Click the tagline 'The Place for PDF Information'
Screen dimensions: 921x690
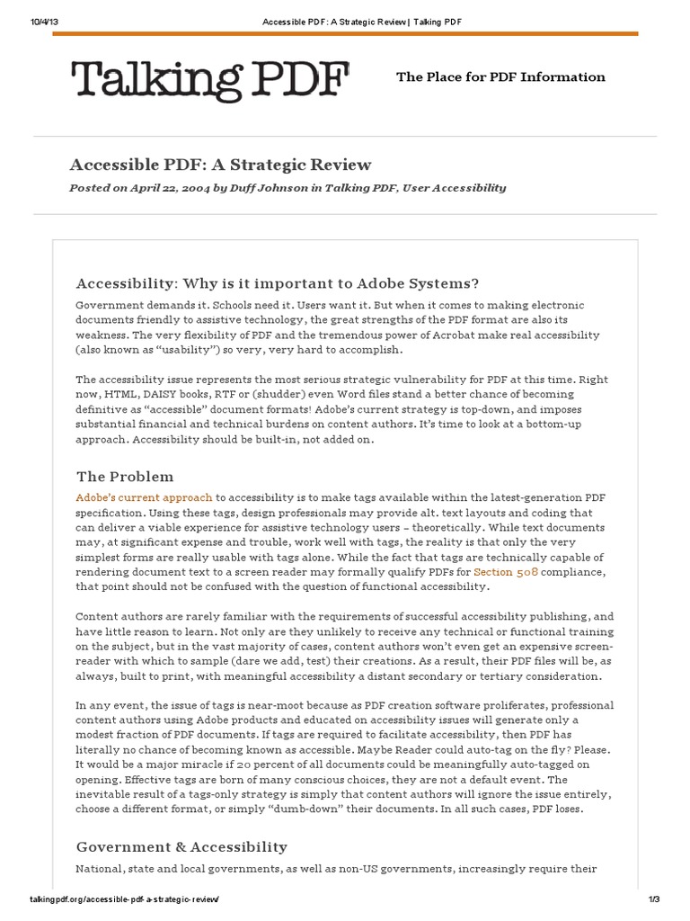tap(500, 77)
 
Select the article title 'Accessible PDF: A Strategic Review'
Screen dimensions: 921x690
tap(220, 165)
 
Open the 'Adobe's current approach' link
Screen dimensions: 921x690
tap(144, 497)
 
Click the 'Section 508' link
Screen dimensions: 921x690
tap(513, 572)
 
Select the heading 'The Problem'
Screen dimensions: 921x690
tap(125, 477)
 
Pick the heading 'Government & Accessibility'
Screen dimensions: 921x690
tap(181, 846)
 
